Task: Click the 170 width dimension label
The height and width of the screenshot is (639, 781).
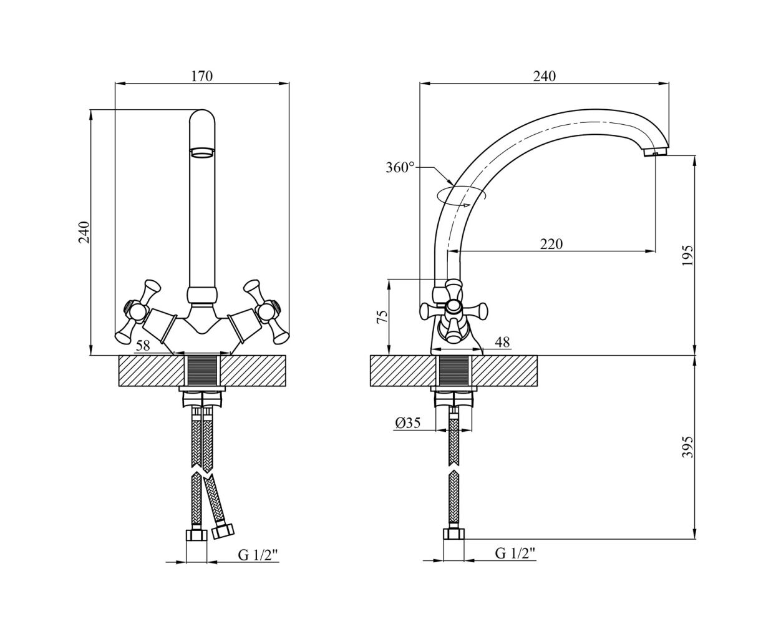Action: (202, 76)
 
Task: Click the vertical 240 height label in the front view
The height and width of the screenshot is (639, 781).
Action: (84, 232)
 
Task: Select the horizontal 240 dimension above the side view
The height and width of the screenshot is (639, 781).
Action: (545, 76)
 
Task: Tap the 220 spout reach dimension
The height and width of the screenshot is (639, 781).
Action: (551, 244)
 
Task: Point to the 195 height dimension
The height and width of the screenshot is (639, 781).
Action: (687, 255)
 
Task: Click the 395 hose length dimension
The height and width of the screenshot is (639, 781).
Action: (687, 447)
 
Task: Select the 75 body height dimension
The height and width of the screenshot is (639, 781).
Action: (382, 317)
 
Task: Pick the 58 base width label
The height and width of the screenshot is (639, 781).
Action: (143, 346)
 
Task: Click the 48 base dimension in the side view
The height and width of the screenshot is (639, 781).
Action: (502, 343)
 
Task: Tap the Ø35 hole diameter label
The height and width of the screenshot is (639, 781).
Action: (408, 422)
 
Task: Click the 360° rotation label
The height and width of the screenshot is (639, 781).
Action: (400, 167)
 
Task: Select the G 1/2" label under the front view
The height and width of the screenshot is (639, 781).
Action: (258, 555)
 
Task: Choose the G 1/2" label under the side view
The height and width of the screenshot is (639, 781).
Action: (515, 553)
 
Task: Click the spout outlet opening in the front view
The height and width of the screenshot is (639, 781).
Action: (202, 152)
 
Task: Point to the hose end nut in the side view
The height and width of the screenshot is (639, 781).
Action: (454, 534)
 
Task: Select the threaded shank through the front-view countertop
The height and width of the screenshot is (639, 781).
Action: (202, 371)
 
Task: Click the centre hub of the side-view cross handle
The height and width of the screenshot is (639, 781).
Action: (454, 307)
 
